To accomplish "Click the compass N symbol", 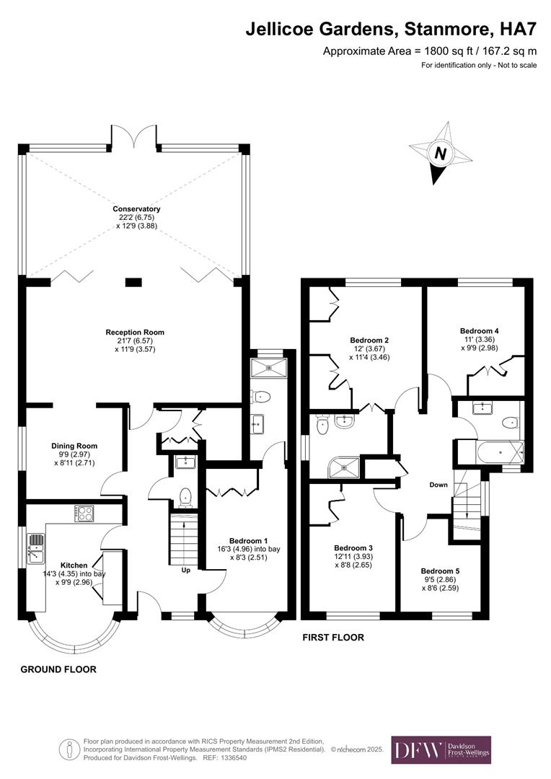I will pyautogui.click(x=438, y=154).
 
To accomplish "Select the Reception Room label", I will pyautogui.click(x=135, y=340).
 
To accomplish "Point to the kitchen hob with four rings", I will pyautogui.click(x=85, y=513).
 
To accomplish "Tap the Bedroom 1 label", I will pyautogui.click(x=249, y=548).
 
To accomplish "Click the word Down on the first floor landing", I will pyautogui.click(x=438, y=485).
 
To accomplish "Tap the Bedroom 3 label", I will pyautogui.click(x=353, y=556).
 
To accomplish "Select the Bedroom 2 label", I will pyautogui.click(x=369, y=348).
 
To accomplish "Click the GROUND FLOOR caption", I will pyautogui.click(x=58, y=669).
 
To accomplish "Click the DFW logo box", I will pyautogui.click(x=441, y=750).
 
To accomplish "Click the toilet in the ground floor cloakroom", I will pyautogui.click(x=186, y=496).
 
